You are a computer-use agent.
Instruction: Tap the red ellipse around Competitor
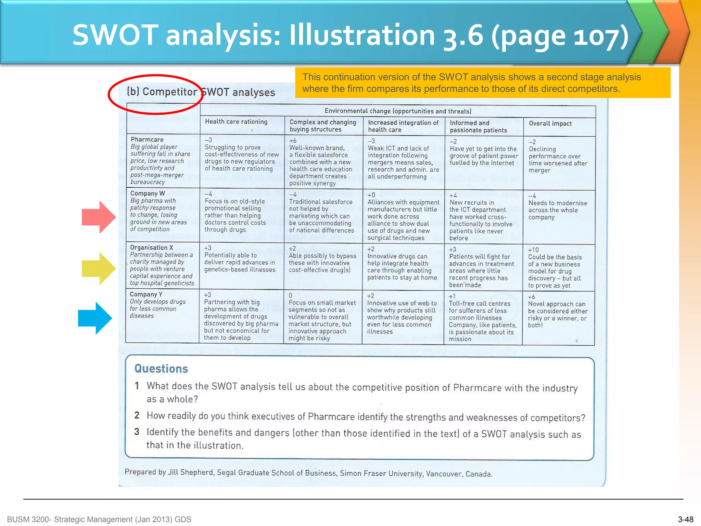[156, 94]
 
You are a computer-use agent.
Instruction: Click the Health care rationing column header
[236, 122]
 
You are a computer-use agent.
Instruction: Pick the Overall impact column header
[550, 124]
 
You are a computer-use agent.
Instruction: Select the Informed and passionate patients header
[478, 126]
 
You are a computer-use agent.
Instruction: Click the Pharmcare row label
[147, 139]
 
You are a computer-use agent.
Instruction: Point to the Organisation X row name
[152, 247]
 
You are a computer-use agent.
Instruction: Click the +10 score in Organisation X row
[533, 250]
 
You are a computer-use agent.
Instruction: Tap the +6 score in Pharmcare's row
[293, 141]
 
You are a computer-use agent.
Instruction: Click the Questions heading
[161, 368]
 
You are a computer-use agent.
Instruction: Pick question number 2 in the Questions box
[137, 415]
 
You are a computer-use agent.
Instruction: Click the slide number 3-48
[686, 519]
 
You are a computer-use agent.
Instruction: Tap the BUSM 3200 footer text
[99, 519]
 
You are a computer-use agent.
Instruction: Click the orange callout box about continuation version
[483, 83]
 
